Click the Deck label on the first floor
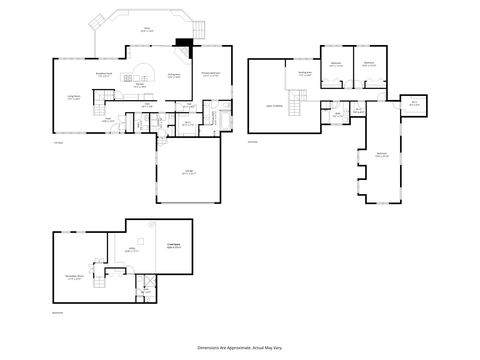click(146, 29)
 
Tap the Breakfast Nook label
click(102, 74)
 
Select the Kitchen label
click(141, 86)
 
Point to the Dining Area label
click(173, 75)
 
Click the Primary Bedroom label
click(211, 74)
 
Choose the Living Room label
click(74, 97)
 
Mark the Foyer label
click(109, 119)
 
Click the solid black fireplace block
click(183, 43)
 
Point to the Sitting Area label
click(304, 73)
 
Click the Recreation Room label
click(73, 277)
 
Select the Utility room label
click(131, 250)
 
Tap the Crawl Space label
click(173, 244)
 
